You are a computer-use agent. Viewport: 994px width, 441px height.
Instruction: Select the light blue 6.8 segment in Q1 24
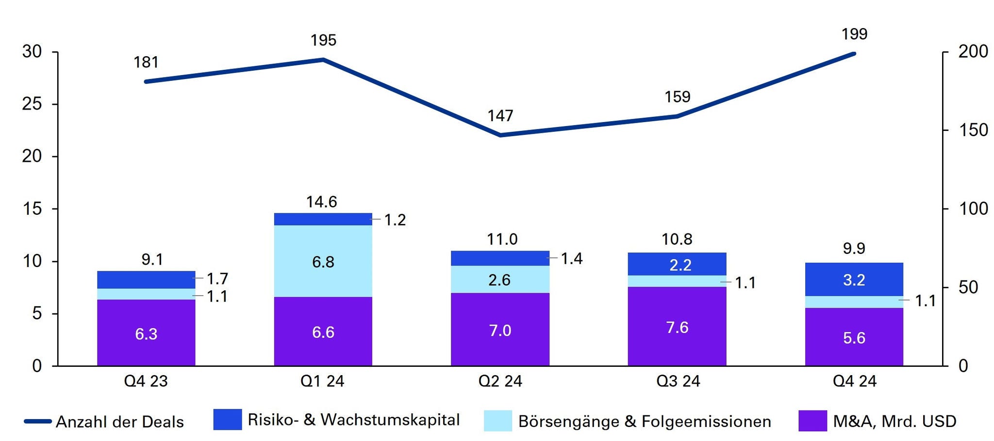[323, 261]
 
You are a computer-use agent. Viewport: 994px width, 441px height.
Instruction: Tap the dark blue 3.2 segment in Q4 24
[854, 279]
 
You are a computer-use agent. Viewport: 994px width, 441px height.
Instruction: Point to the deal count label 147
[500, 116]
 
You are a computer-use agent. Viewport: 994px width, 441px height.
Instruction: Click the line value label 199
[854, 34]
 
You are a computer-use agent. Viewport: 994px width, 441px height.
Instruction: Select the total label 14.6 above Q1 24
[321, 202]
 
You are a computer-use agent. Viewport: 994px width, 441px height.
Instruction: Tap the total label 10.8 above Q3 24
[677, 239]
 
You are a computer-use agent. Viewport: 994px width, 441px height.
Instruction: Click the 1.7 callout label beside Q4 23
[217, 279]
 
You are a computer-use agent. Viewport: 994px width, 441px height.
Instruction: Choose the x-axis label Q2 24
[500, 381]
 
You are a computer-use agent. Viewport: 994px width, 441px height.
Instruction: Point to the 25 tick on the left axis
[32, 104]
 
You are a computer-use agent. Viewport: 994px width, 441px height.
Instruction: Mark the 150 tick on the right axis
[973, 130]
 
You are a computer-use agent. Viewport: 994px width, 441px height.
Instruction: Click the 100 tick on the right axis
[973, 209]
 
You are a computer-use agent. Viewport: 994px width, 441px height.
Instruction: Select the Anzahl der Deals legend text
[119, 422]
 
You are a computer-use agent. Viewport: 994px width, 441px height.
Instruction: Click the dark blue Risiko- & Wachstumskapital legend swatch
[228, 420]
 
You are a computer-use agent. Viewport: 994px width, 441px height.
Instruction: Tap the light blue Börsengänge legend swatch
[497, 421]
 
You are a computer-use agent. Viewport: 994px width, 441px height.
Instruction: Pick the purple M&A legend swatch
[812, 421]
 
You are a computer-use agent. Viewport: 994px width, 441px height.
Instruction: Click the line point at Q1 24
[323, 60]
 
